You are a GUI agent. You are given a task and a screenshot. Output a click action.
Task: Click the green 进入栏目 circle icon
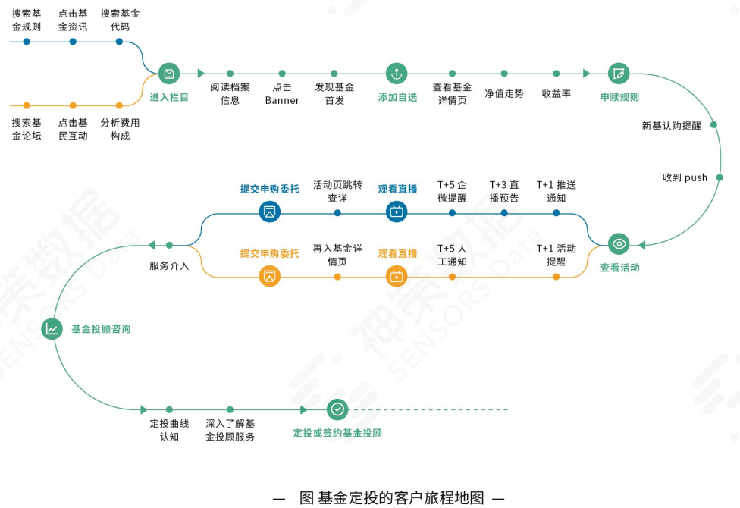click(x=169, y=74)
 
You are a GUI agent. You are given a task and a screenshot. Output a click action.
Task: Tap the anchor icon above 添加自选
click(x=397, y=74)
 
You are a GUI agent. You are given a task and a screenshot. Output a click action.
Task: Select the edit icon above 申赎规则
click(x=619, y=74)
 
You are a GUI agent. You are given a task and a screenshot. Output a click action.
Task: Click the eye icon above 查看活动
click(x=619, y=244)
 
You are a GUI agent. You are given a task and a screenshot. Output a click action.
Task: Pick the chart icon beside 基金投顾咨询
click(x=52, y=329)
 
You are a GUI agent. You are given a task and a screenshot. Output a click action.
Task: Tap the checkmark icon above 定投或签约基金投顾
click(x=337, y=409)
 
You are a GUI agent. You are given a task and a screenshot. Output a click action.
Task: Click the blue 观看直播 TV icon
click(x=397, y=212)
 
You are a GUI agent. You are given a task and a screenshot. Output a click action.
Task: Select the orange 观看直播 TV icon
click(x=397, y=276)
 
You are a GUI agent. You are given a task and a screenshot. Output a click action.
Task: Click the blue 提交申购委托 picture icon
click(x=269, y=212)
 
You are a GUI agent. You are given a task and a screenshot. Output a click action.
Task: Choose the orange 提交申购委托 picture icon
click(x=269, y=276)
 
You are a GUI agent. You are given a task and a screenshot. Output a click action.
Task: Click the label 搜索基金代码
click(x=120, y=20)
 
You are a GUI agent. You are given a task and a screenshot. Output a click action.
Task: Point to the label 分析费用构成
click(x=120, y=129)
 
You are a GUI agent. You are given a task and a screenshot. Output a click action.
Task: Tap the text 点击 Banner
click(x=282, y=94)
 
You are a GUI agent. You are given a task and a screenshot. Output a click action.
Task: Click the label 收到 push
click(x=685, y=178)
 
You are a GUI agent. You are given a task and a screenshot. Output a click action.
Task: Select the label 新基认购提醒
click(x=672, y=126)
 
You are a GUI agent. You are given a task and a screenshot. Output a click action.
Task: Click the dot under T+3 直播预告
click(x=504, y=213)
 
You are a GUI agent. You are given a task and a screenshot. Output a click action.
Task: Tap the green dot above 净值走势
click(x=504, y=74)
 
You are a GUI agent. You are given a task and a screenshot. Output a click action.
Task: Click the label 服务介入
click(x=169, y=266)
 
